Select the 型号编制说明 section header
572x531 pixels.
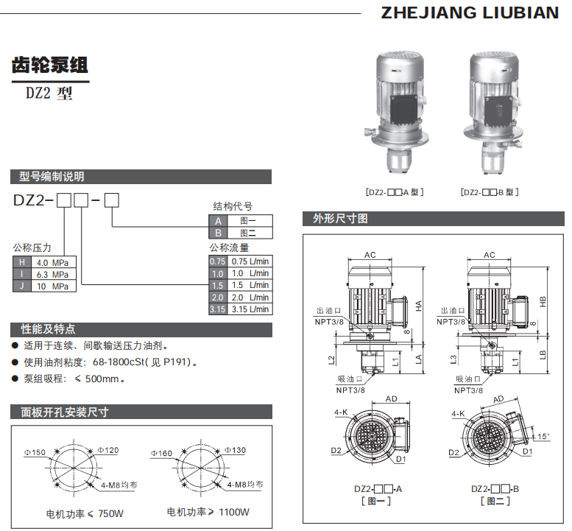52,177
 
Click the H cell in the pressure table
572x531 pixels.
21,262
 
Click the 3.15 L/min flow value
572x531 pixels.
250,309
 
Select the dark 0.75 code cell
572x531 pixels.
217,261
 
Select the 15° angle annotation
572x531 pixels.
543,436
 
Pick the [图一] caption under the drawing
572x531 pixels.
377,501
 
